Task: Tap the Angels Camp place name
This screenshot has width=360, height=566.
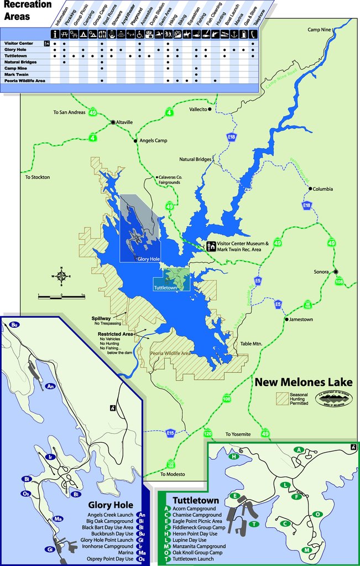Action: [153, 141]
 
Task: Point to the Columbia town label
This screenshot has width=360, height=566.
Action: [323, 189]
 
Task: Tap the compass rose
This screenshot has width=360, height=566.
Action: [62, 276]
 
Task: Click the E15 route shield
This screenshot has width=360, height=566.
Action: [171, 433]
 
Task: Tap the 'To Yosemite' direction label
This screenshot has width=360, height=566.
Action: [238, 434]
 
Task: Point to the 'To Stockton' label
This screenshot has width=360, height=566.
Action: [38, 177]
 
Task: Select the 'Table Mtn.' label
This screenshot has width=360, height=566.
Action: [251, 344]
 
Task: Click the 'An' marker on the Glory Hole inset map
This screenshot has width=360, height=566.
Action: [50, 386]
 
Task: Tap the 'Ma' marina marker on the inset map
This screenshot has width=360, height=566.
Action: [58, 519]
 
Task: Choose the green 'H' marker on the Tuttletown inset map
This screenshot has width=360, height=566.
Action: [234, 456]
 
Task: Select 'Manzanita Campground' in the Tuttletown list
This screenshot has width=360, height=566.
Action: [199, 546]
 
